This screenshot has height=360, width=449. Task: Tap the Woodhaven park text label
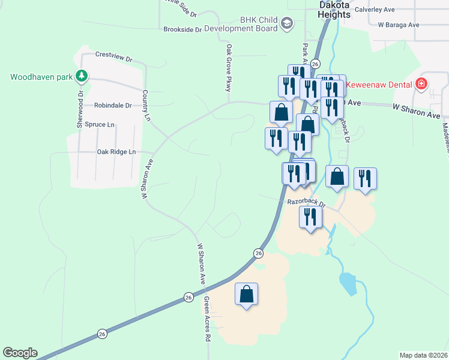coord(41,77)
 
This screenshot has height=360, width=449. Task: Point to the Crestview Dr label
coord(113,56)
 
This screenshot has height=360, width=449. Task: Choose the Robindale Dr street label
coord(113,105)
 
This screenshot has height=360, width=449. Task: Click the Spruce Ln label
coord(99,125)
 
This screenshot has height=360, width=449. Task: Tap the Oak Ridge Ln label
coord(116,152)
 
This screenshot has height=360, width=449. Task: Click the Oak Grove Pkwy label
coord(229,67)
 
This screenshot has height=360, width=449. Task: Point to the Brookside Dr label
coord(182,29)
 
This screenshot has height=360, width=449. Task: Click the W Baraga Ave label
coord(399,25)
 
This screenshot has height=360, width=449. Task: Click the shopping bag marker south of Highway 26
coord(246,295)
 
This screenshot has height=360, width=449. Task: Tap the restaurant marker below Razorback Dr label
coord(310,217)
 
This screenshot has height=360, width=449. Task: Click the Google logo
coord(20,353)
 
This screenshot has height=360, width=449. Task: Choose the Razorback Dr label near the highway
coord(306,203)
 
